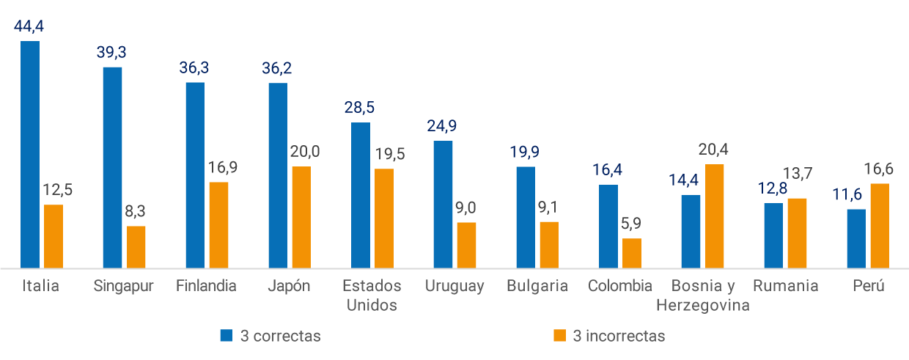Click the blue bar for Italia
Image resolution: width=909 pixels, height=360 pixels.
pyautogui.click(x=30, y=154)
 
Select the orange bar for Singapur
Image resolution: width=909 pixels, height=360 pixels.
pyautogui.click(x=136, y=247)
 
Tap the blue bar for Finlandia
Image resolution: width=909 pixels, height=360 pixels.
pyautogui.click(x=195, y=175)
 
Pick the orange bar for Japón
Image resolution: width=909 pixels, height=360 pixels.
pyautogui.click(x=301, y=217)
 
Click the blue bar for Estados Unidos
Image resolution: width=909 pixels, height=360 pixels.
pyautogui.click(x=361, y=195)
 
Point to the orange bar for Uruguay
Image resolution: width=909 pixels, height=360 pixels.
pyautogui.click(x=466, y=245)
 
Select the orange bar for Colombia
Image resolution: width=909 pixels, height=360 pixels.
pyautogui.click(x=632, y=253)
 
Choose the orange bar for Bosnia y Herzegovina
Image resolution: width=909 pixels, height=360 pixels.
pyautogui.click(x=714, y=216)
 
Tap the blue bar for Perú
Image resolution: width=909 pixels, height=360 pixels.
pyautogui.click(x=856, y=238)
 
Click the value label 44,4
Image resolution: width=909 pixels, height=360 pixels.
pyautogui.click(x=29, y=27)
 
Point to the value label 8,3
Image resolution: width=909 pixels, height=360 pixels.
pyautogui.click(x=136, y=212)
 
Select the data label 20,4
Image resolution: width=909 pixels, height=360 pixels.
pyautogui.click(x=714, y=150)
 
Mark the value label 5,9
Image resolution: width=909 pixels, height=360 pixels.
pyautogui.click(x=632, y=224)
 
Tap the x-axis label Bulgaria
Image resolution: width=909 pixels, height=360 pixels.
pyautogui.click(x=537, y=286)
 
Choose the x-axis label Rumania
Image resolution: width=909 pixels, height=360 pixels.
pyautogui.click(x=785, y=286)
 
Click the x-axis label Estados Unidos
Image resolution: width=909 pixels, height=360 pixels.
pyautogui.click(x=372, y=295)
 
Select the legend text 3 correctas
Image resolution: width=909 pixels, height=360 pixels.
pyautogui.click(x=281, y=336)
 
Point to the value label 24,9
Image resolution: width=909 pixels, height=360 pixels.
pyautogui.click(x=443, y=126)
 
